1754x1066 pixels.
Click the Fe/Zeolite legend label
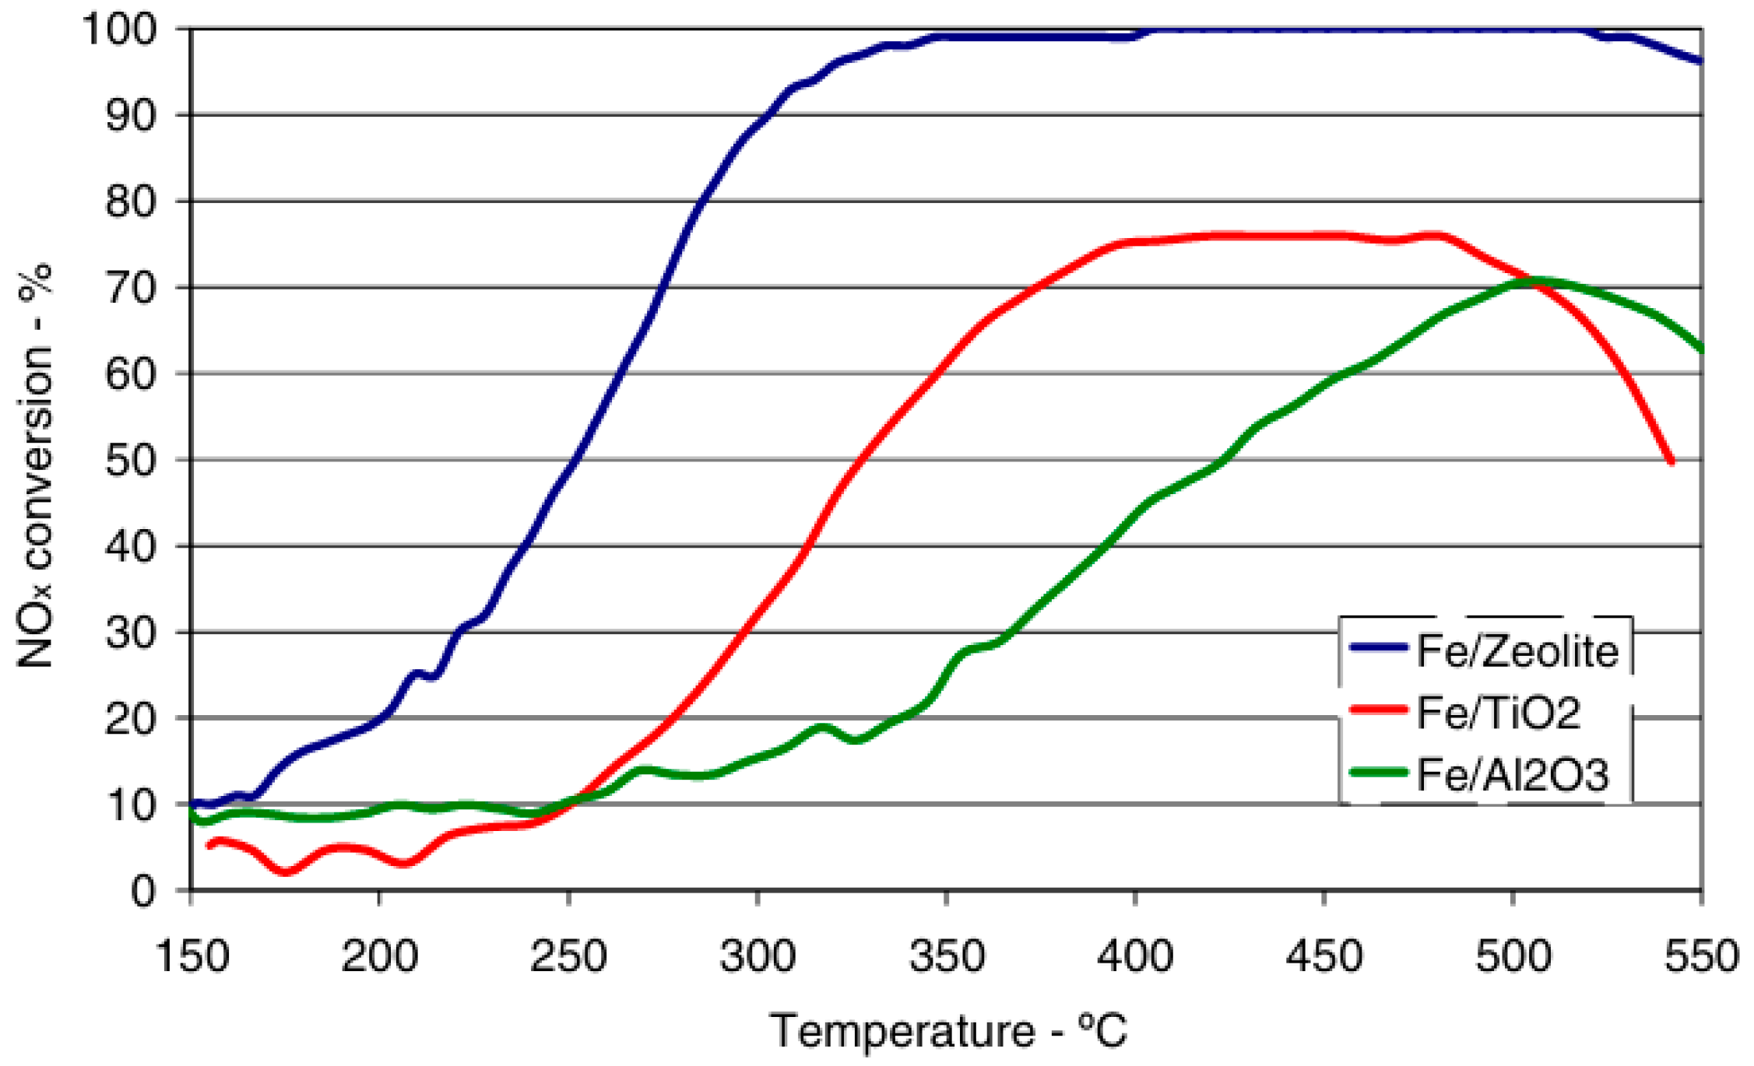point(1517,650)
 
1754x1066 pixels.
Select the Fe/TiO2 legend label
point(1499,713)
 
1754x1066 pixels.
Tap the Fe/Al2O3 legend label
point(1513,775)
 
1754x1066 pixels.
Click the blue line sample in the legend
point(1379,647)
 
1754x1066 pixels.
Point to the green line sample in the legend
point(1379,773)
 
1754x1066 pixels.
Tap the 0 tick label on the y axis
point(142,890)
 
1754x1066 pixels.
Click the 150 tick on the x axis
point(192,956)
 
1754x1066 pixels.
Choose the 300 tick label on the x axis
point(757,956)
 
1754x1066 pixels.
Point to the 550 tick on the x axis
point(1702,956)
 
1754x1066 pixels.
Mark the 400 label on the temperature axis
point(1135,956)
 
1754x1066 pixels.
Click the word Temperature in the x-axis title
point(903,1032)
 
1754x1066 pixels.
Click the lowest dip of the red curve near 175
point(286,872)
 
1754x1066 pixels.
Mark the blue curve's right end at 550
point(1700,61)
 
